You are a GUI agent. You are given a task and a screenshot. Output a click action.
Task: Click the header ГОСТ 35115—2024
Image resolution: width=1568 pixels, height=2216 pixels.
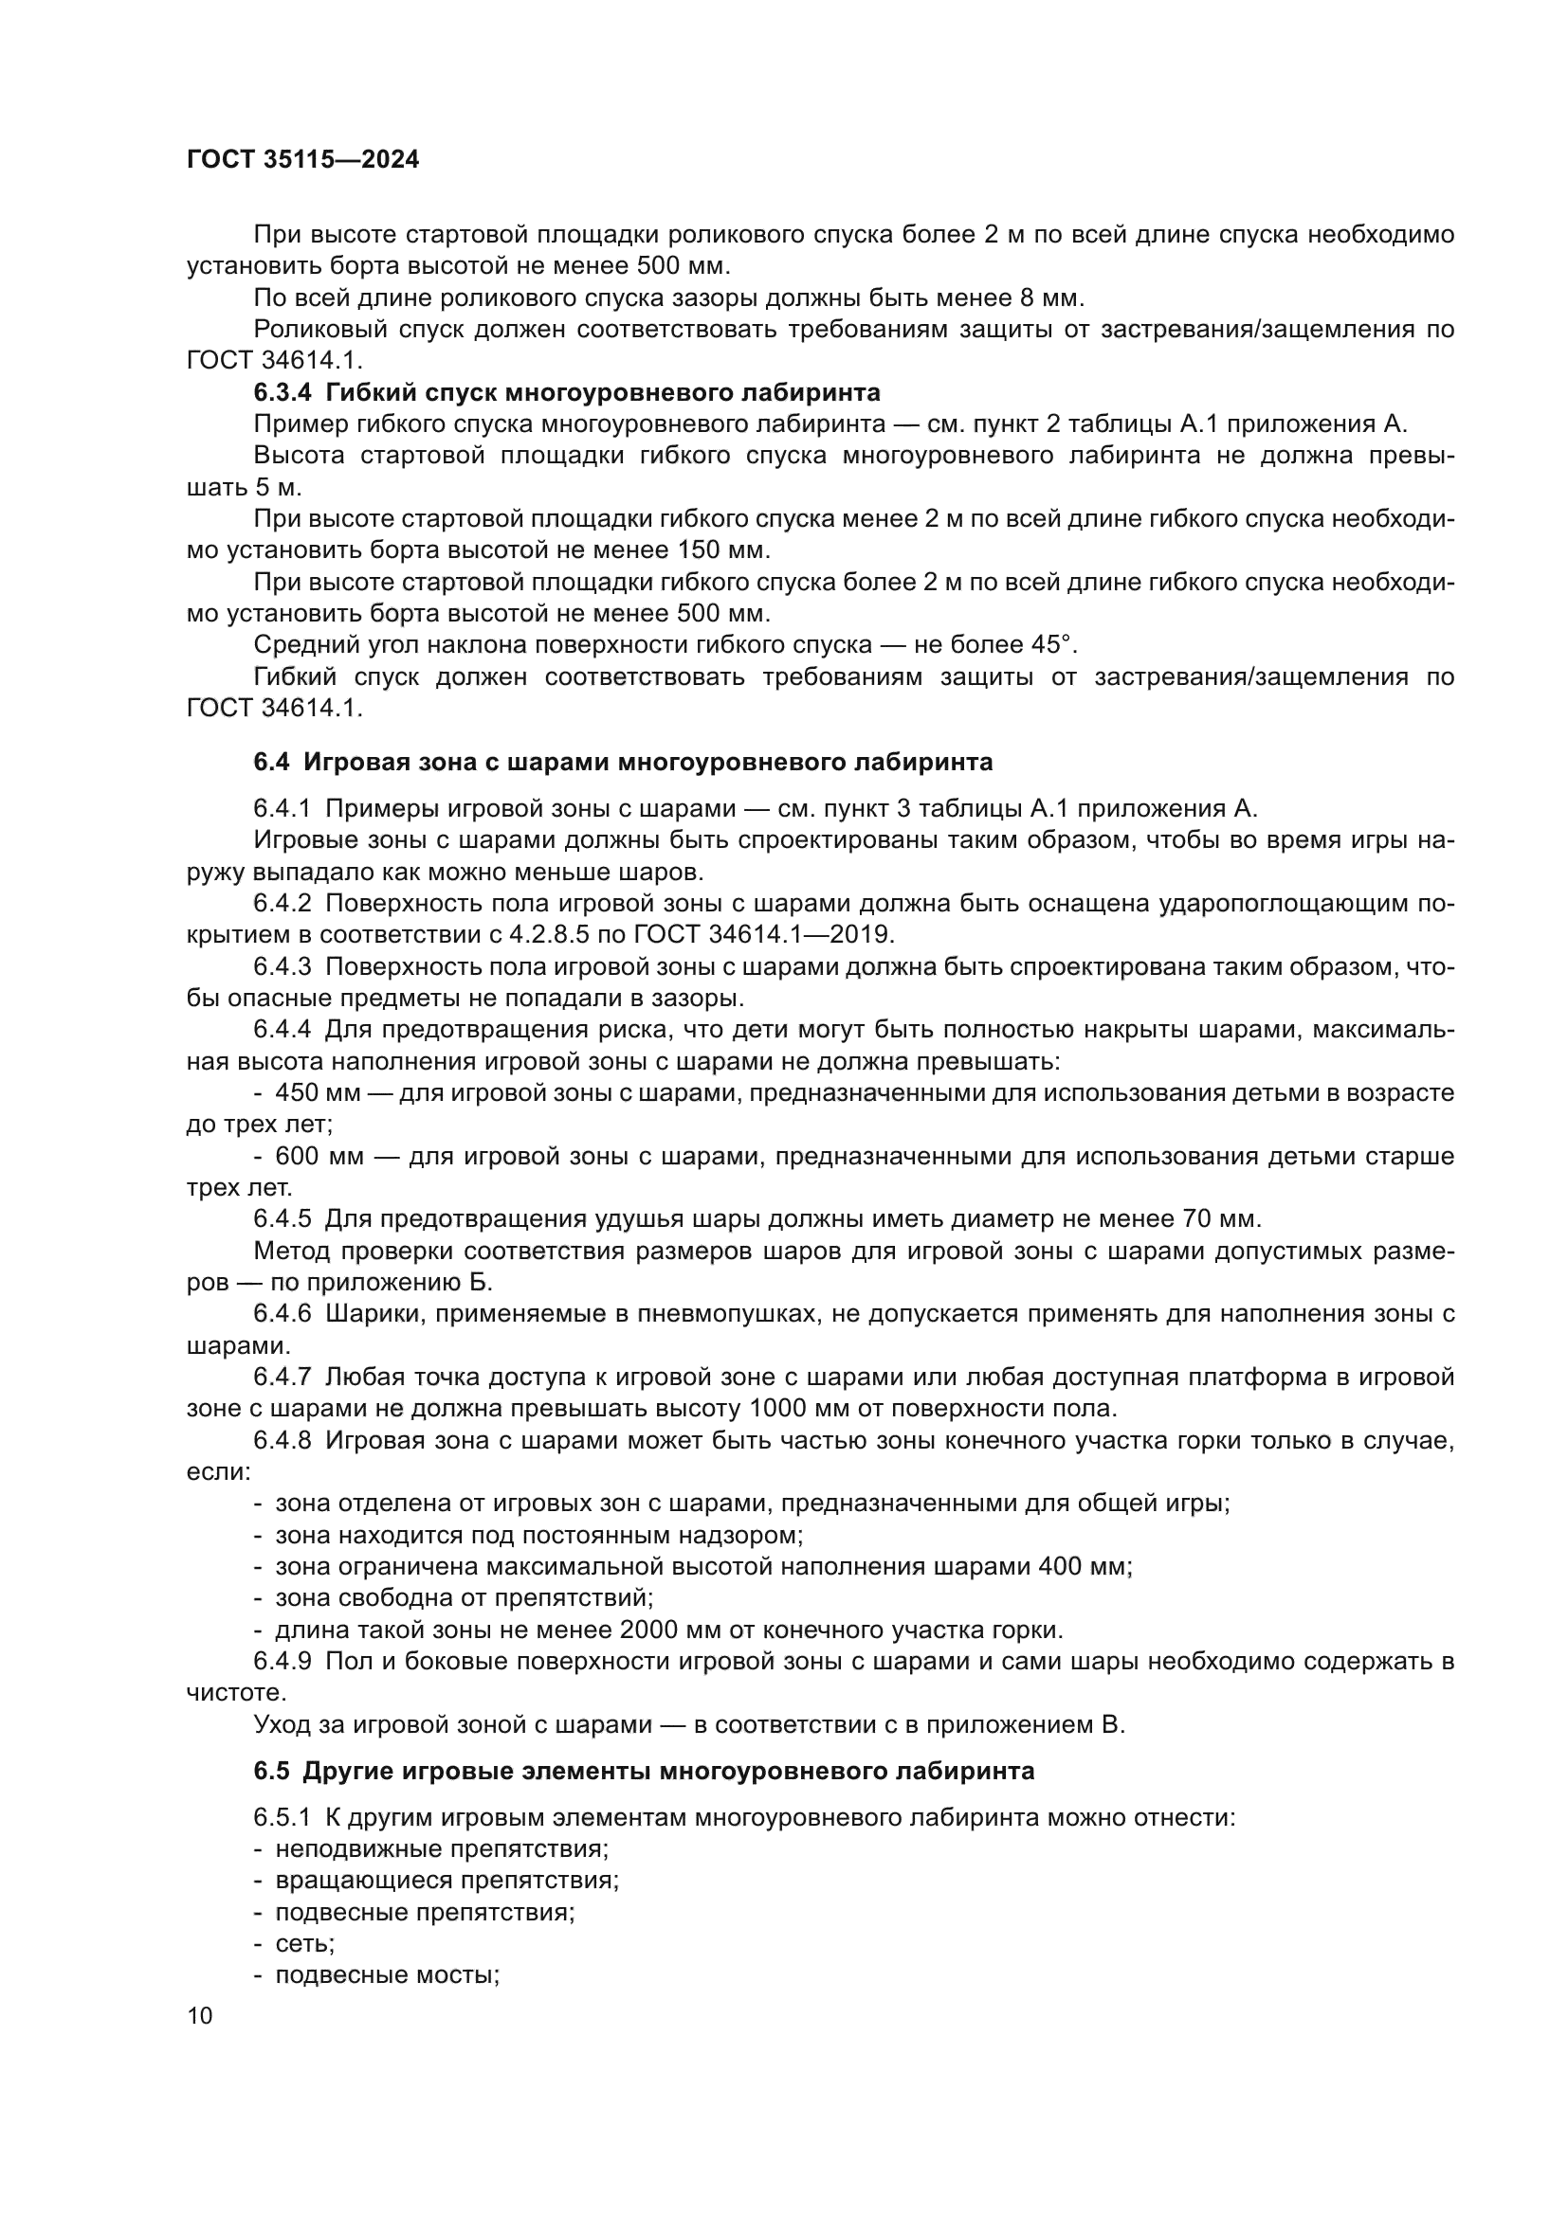pyautogui.click(x=302, y=160)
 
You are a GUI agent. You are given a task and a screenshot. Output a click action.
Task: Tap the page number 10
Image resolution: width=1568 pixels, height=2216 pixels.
pyautogui.click(x=200, y=2015)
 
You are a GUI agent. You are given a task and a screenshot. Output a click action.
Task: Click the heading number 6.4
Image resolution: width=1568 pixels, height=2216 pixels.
pyautogui.click(x=271, y=763)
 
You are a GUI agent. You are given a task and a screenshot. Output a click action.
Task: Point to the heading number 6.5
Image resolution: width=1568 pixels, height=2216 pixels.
pyautogui.click(x=271, y=1771)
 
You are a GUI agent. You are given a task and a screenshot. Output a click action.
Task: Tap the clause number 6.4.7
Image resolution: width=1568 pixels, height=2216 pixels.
pyautogui.click(x=282, y=1378)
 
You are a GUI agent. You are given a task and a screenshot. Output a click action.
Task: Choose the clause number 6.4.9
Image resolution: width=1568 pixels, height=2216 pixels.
pyautogui.click(x=282, y=1661)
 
